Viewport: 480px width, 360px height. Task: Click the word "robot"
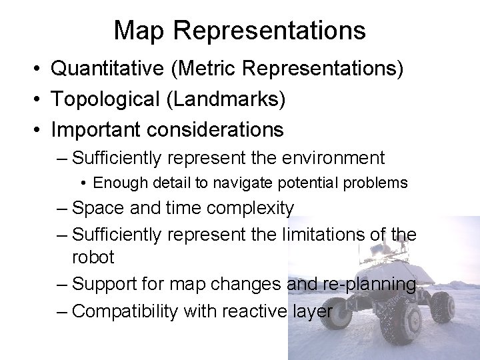93,257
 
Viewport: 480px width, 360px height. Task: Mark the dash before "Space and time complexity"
62,209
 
